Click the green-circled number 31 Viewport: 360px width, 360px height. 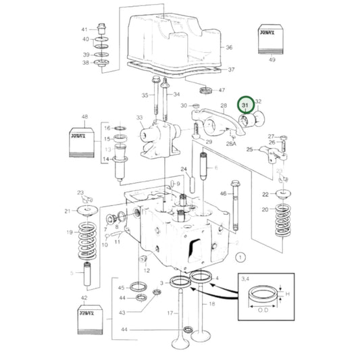pos(246,105)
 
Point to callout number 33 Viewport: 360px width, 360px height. pos(140,118)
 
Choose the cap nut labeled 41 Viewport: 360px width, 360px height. pos(102,30)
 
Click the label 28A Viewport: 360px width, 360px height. pos(231,144)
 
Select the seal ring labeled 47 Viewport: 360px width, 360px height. pos(205,90)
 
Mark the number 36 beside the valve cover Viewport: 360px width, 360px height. pos(229,47)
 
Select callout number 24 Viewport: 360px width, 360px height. pos(183,168)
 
